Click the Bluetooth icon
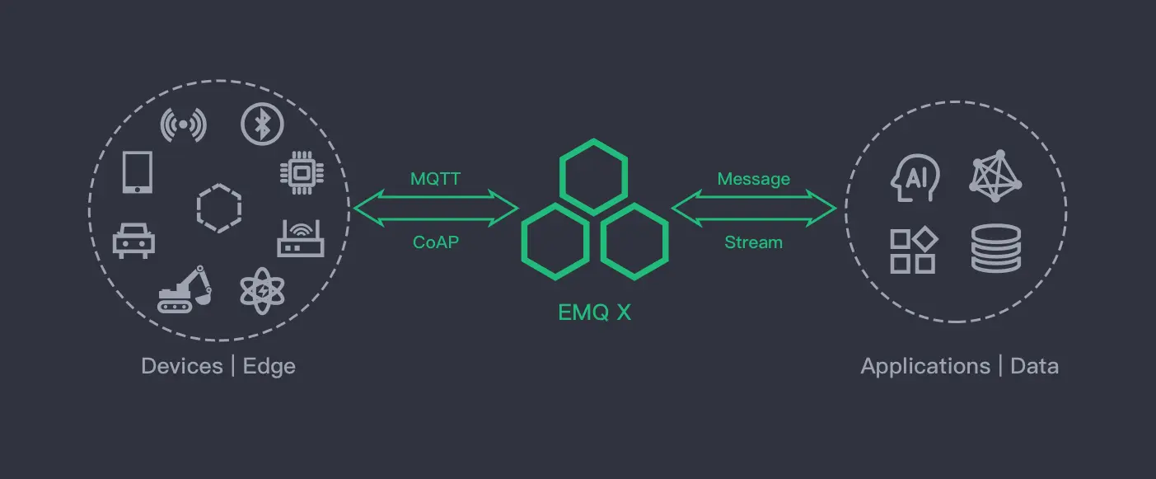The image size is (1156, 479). pos(262,125)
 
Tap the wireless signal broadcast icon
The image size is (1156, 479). pos(183,125)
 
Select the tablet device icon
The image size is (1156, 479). pos(137,172)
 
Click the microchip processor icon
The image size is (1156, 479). pos(301,172)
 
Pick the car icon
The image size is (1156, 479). pos(133,240)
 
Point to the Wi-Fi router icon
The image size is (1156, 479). pos(301,238)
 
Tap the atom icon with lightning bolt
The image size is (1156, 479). pos(262,290)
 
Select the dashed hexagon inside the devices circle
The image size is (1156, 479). pos(219,206)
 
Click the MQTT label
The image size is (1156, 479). pos(435,178)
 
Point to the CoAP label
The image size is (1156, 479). pos(435,242)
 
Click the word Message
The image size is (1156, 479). pos(753,179)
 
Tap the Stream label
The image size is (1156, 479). pos(753,242)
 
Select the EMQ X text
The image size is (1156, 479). pos(593,312)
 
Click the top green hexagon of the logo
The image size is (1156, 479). pos(593,176)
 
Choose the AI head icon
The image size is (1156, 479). pos(915,176)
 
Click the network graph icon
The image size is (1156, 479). pos(995,176)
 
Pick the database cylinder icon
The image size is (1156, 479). pos(995,248)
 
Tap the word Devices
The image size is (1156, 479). pos(182,366)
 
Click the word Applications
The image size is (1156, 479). pos(925,366)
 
